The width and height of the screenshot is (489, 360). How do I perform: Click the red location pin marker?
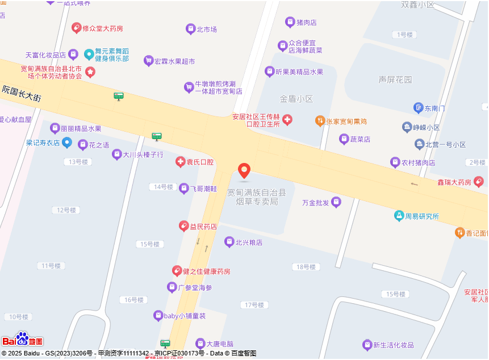(244, 170)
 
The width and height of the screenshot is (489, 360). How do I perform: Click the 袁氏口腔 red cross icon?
(181, 162)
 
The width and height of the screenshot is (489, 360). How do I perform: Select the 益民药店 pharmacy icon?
(184, 226)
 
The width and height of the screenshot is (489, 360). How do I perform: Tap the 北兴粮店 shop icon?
(229, 242)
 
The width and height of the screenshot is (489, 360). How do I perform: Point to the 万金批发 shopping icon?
(336, 202)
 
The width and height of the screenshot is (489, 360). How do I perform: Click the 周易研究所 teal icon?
(399, 216)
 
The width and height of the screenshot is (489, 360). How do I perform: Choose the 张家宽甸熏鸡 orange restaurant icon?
(320, 121)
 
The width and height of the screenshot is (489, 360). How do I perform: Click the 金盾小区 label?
(296, 99)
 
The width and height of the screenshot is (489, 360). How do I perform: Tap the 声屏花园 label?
(395, 79)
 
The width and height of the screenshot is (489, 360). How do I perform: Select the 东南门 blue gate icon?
(419, 108)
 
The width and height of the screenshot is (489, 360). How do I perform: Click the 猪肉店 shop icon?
(290, 22)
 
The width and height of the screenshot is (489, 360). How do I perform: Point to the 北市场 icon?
(190, 29)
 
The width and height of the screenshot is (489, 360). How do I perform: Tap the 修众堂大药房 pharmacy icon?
(76, 28)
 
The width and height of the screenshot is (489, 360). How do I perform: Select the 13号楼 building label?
(78, 162)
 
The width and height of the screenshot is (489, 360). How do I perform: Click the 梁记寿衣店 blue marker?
(67, 142)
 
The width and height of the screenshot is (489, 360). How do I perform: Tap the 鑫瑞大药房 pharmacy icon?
(478, 182)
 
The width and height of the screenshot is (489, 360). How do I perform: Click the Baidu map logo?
(22, 340)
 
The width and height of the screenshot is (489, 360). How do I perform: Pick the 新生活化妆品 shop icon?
(367, 345)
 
